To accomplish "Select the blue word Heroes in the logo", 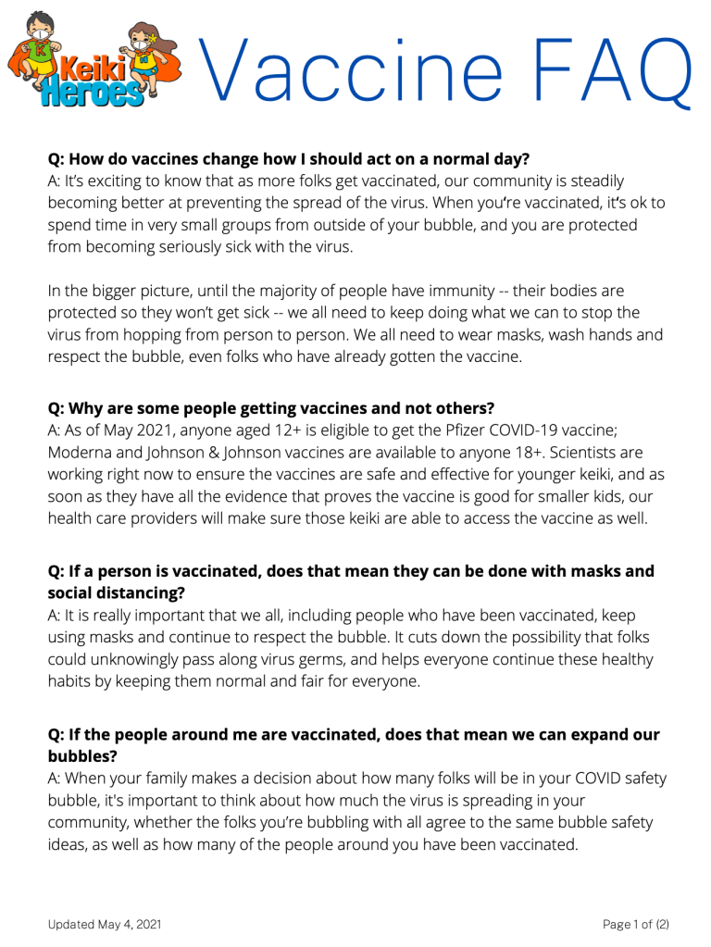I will (91, 93).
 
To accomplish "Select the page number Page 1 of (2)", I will (635, 924).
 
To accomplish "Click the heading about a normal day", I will (289, 157).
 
